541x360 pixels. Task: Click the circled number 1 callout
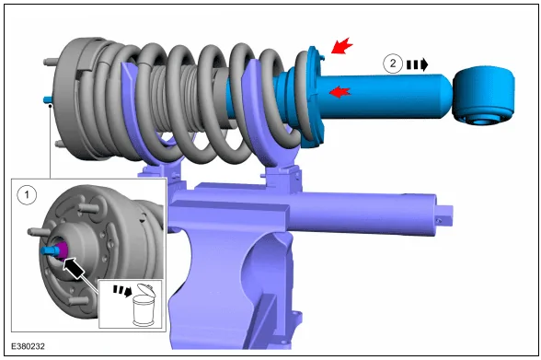point(27,195)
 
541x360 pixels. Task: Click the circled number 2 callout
point(393,64)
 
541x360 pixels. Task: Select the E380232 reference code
point(28,346)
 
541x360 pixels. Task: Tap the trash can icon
point(144,305)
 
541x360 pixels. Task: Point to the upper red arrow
point(342,46)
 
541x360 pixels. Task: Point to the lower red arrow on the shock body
point(340,92)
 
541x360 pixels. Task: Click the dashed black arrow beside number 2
point(418,64)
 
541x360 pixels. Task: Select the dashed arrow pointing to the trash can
point(123,291)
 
